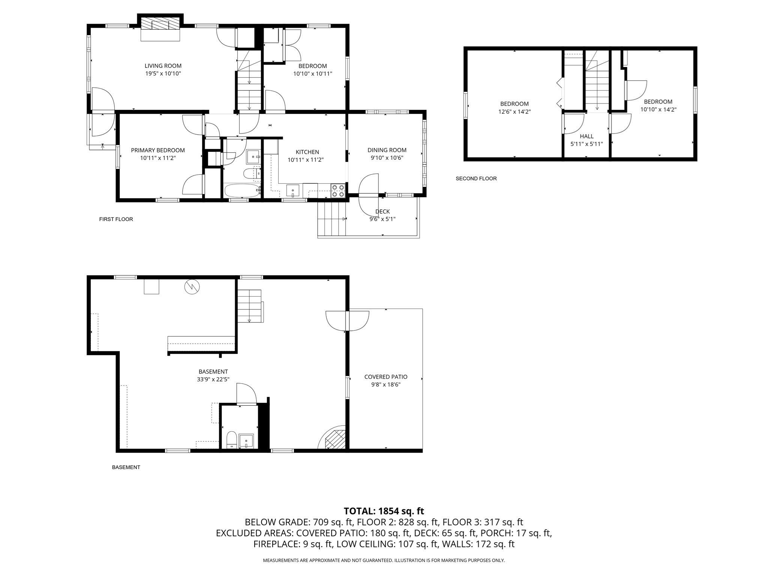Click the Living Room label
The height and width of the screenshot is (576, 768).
tap(163, 66)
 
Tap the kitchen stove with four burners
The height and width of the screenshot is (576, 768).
tap(338, 190)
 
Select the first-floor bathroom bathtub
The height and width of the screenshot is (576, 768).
tap(242, 190)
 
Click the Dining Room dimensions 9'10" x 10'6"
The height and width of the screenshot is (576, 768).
tap(387, 158)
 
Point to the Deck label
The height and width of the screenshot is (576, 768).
tap(382, 211)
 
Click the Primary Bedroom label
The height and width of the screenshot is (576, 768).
tap(157, 150)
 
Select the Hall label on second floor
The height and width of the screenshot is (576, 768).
tap(586, 136)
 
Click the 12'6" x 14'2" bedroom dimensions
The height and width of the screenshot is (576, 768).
tap(514, 112)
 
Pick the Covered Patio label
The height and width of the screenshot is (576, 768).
tap(385, 377)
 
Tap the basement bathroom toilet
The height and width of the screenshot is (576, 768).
tap(232, 440)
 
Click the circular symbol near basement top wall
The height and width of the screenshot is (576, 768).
tap(192, 287)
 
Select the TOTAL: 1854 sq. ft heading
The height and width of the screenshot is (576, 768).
tap(384, 511)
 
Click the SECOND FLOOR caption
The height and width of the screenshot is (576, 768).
tap(476, 178)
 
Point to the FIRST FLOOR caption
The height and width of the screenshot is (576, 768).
tap(116, 219)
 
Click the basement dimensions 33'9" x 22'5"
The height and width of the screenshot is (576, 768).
tap(213, 379)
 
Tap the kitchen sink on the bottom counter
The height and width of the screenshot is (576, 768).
tap(292, 190)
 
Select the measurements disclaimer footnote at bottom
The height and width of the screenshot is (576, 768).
tap(384, 560)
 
